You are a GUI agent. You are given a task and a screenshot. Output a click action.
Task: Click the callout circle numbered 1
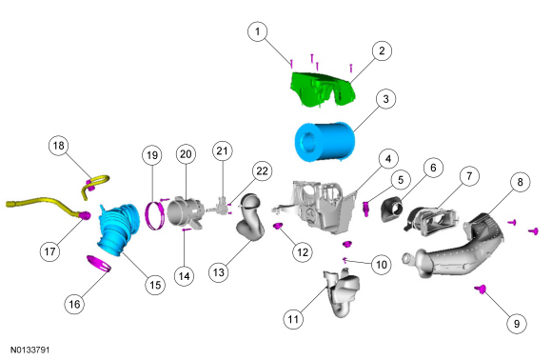[258, 31]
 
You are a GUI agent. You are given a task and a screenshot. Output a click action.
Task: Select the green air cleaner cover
[323, 89]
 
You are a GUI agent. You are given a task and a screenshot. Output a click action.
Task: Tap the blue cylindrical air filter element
[325, 142]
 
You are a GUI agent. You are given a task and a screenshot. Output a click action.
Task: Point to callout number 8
[520, 182]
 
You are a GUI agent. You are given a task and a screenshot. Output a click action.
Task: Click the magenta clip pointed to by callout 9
[481, 290]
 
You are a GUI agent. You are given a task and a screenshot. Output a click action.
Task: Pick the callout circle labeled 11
[293, 319]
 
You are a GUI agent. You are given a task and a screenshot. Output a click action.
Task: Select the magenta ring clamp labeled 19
[155, 215]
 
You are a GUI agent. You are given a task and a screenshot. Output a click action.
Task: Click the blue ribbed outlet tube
[118, 229]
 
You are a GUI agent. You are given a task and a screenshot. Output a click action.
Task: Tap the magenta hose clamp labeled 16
[99, 263]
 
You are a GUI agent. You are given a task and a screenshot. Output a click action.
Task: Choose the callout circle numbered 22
[262, 171]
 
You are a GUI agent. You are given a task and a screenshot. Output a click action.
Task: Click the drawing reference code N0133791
[30, 350]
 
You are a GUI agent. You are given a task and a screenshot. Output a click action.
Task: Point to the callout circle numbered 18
[58, 146]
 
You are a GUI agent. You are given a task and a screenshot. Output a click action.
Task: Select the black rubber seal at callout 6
[391, 210]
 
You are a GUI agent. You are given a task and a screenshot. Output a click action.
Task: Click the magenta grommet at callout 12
[279, 226]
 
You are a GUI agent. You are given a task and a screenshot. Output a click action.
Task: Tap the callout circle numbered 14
[184, 276]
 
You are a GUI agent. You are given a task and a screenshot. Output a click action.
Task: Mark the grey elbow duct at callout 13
[249, 218]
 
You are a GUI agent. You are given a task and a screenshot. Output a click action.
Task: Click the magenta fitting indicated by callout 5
[366, 209]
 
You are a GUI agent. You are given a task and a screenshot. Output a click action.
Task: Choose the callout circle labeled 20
[186, 154]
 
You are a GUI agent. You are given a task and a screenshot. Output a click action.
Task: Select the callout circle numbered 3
[385, 99]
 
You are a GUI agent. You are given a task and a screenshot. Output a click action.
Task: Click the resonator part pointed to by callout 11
[343, 291]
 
